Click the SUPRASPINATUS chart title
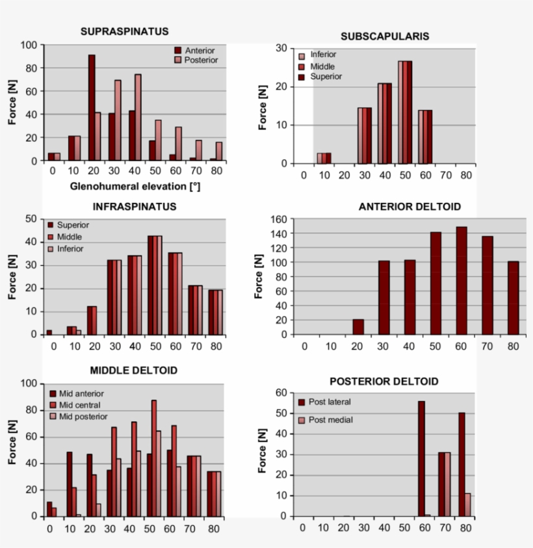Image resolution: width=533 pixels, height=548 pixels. click(x=125, y=31)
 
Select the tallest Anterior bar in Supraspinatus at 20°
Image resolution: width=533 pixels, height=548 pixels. click(x=92, y=107)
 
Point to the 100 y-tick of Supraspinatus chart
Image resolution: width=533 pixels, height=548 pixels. click(x=29, y=45)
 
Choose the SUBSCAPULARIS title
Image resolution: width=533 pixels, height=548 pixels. click(x=385, y=36)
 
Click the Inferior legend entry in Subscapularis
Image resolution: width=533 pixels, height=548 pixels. click(x=324, y=54)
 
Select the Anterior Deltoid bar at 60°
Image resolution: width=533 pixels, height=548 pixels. click(x=461, y=280)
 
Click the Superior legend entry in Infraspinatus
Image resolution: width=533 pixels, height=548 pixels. click(x=73, y=225)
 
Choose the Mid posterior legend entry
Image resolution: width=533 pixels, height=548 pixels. click(x=83, y=416)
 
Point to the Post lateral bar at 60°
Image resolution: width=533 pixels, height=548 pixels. click(x=421, y=458)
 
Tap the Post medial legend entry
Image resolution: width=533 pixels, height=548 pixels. click(x=330, y=420)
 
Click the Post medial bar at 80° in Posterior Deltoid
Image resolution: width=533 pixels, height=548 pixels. click(x=468, y=504)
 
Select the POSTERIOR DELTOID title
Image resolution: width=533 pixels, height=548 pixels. click(x=383, y=382)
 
